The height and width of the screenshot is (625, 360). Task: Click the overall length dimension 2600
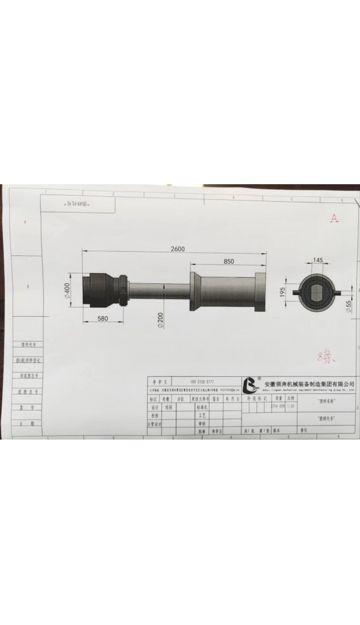[178, 249]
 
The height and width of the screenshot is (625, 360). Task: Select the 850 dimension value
[229, 261]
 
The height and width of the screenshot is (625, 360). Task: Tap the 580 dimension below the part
[102, 318]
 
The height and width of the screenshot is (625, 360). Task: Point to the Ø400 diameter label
[68, 291]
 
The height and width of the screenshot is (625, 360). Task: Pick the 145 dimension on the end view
[318, 260]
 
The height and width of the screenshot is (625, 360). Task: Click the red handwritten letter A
[333, 219]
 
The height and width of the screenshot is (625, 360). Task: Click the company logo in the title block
[251, 385]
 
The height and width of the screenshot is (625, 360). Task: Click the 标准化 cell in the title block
[203, 407]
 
